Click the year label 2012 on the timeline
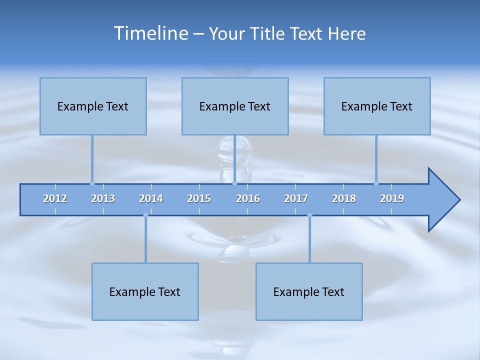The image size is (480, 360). (55, 198)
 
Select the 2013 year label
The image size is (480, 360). (103, 198)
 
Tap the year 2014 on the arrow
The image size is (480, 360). (151, 198)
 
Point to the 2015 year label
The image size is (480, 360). (199, 198)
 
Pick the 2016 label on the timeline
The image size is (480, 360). (248, 198)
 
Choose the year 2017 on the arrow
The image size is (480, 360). (296, 198)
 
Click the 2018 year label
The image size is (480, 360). (344, 198)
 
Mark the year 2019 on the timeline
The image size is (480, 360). (392, 198)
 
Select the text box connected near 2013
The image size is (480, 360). (93, 106)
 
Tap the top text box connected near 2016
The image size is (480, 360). (235, 106)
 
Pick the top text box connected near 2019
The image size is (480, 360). (377, 106)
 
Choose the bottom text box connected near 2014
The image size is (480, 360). (145, 291)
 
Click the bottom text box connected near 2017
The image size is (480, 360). (309, 291)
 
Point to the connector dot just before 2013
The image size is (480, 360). (92, 183)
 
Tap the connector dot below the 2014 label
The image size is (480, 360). (145, 215)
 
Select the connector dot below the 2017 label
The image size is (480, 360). (309, 215)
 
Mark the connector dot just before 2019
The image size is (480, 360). (376, 183)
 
